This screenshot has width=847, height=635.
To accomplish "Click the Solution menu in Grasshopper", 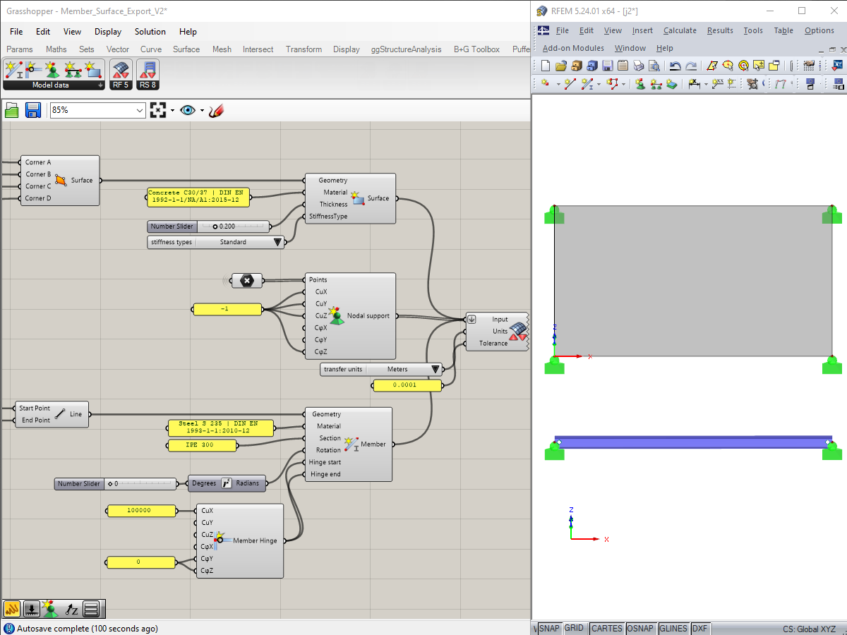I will [150, 32].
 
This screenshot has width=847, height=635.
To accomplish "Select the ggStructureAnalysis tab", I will [406, 49].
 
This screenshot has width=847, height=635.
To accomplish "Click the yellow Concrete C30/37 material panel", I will [198, 196].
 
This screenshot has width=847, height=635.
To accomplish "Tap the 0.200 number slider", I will [233, 226].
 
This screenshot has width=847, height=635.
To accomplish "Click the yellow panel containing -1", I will [226, 309].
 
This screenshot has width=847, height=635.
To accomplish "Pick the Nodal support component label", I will [367, 315].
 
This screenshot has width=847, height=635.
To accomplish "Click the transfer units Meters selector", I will [382, 369].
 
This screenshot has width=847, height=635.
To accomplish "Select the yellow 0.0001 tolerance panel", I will [407, 385].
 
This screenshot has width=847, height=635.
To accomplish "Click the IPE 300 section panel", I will [201, 445].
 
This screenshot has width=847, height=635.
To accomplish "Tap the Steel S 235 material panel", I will [220, 427].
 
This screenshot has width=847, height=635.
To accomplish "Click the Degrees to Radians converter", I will [226, 483].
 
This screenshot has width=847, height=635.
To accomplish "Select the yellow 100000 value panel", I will [140, 510].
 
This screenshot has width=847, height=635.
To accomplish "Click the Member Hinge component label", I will [255, 540].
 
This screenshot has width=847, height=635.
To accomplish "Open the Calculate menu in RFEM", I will [679, 30].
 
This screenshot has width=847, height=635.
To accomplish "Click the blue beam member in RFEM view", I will [692, 442].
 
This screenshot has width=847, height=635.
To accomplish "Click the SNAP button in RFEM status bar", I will [548, 629].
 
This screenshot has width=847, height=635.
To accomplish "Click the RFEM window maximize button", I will [802, 11].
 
